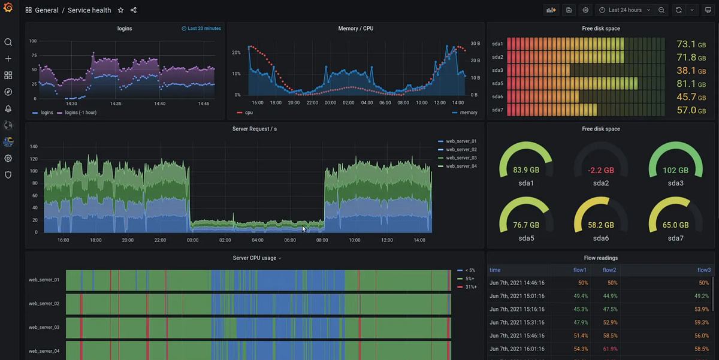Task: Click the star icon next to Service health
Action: click(120, 10)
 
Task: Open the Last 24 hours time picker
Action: click(625, 10)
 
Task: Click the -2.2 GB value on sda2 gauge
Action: click(601, 170)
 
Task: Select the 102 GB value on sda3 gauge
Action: click(675, 170)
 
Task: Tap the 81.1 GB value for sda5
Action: click(686, 84)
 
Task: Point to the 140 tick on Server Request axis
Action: click(34, 146)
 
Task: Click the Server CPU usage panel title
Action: click(255, 258)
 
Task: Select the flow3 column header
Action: click(703, 270)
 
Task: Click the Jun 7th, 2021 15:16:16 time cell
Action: click(516, 309)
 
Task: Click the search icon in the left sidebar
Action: click(8, 42)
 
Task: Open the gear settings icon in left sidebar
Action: click(8, 158)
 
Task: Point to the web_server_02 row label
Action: click(44, 304)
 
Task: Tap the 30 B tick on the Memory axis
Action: click(475, 44)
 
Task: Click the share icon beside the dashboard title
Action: click(134, 10)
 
